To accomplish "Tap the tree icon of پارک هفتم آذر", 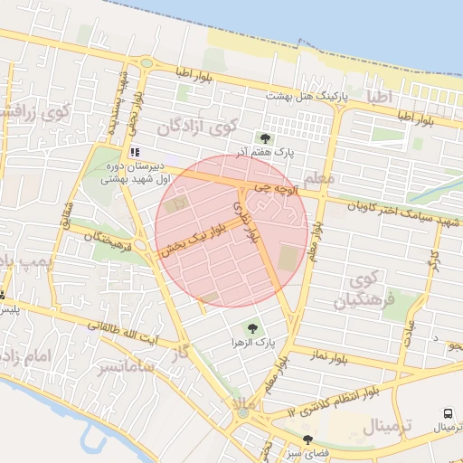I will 265,138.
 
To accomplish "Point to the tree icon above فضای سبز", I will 307,439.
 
